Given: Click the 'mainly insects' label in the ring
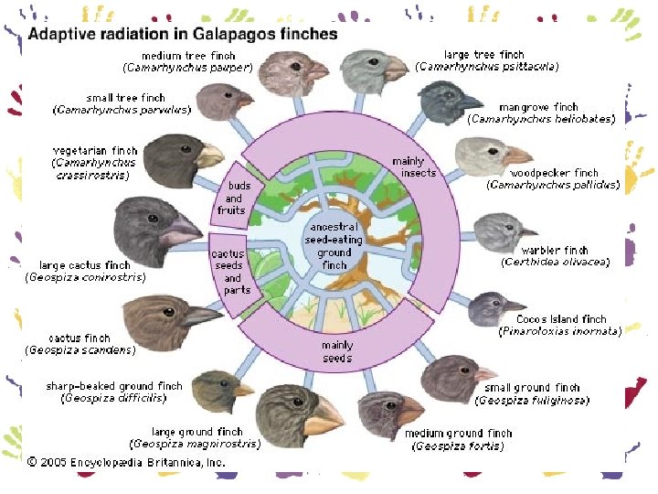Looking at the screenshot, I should (414, 167).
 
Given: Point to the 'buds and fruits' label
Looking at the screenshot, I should (233, 199).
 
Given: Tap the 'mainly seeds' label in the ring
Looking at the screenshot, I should (335, 351).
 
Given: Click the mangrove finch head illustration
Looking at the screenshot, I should (449, 102).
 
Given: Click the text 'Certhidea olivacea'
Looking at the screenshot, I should (555, 263).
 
